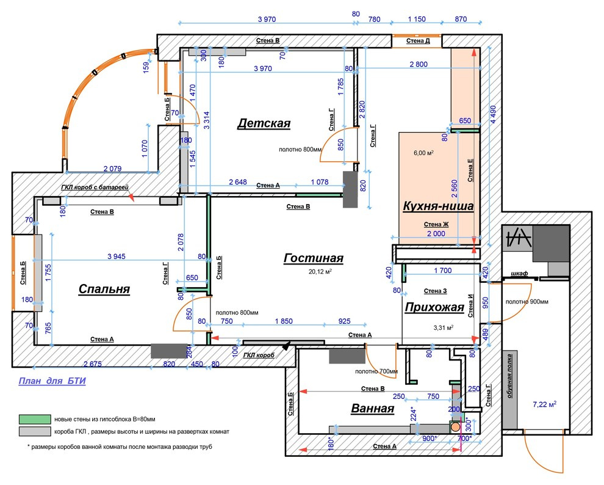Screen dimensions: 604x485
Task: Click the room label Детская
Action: coord(264,123)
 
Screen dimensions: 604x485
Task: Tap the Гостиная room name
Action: coord(313,258)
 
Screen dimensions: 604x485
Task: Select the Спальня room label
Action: coord(104,289)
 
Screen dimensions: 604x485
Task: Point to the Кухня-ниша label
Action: coord(438,206)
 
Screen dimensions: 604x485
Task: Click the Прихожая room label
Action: coord(434,307)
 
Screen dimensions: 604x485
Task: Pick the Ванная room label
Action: coord(373,409)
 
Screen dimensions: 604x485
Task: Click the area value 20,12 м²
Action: coord(320,271)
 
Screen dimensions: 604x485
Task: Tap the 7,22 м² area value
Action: coord(545,404)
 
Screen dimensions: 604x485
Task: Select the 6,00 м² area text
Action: coord(424,153)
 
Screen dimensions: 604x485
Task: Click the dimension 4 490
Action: coord(493,114)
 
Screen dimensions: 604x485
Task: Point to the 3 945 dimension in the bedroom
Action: coord(117,257)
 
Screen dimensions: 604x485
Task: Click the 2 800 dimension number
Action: coord(419,64)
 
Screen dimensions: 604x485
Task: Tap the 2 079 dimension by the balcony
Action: coord(112,169)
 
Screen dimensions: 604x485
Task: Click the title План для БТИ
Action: coord(52,381)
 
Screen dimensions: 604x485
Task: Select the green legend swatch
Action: coord(35,419)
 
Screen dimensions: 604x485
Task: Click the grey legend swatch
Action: coord(35,431)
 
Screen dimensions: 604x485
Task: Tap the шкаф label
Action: coord(519,274)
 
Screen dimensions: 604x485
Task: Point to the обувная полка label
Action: coord(509,376)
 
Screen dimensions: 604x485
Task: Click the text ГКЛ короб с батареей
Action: coord(95,188)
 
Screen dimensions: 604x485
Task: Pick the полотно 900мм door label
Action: coord(527,302)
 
